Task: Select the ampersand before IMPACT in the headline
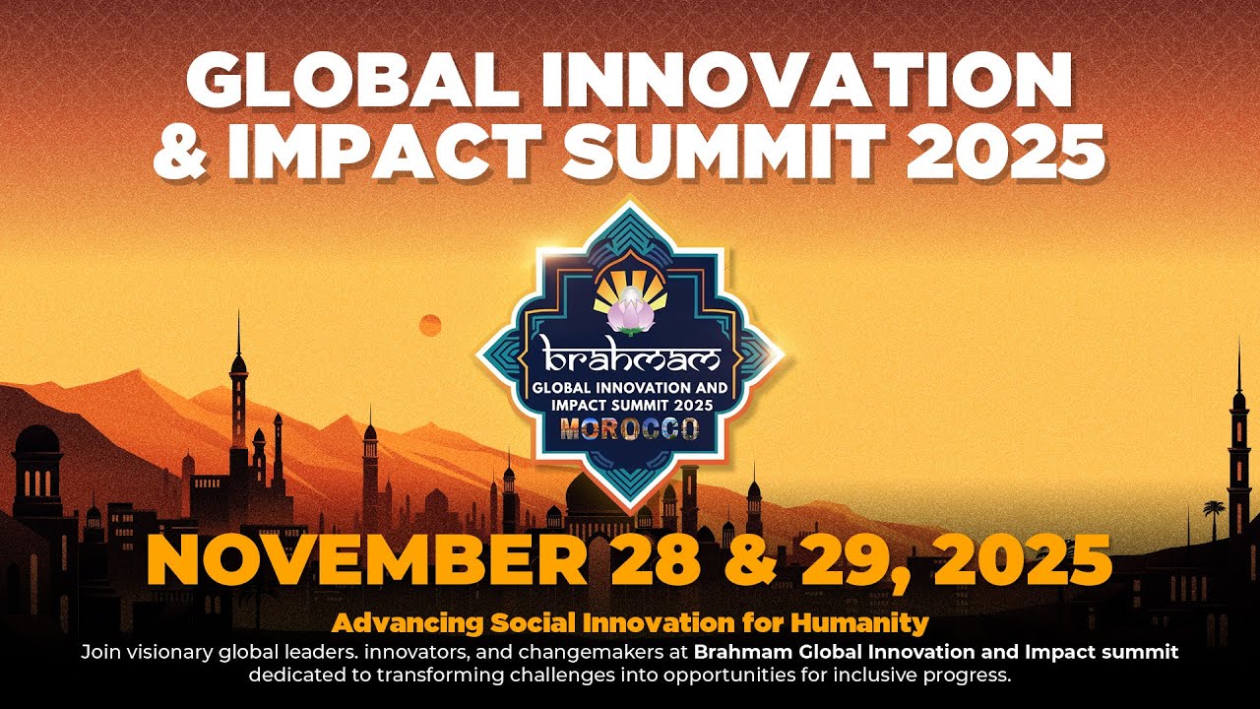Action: (181, 152)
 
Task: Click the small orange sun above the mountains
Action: (430, 325)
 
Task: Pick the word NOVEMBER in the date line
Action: (366, 561)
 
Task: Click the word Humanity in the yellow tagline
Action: (859, 623)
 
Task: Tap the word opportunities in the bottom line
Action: (738, 676)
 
